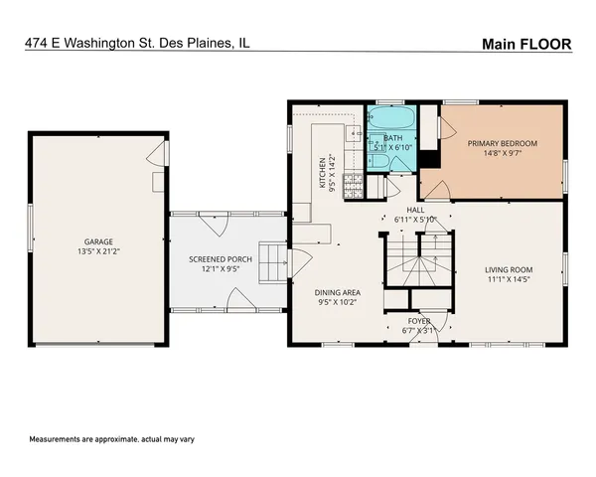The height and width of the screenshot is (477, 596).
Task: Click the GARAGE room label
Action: click(97, 241)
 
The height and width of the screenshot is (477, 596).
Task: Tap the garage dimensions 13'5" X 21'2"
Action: click(97, 252)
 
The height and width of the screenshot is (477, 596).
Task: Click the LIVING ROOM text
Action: click(509, 269)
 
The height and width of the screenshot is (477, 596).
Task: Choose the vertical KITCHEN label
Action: click(322, 173)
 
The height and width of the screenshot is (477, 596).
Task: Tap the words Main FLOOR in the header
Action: click(527, 44)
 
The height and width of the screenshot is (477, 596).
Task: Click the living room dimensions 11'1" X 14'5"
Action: click(509, 280)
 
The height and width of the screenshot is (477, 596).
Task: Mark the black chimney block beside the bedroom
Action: click(429, 160)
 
